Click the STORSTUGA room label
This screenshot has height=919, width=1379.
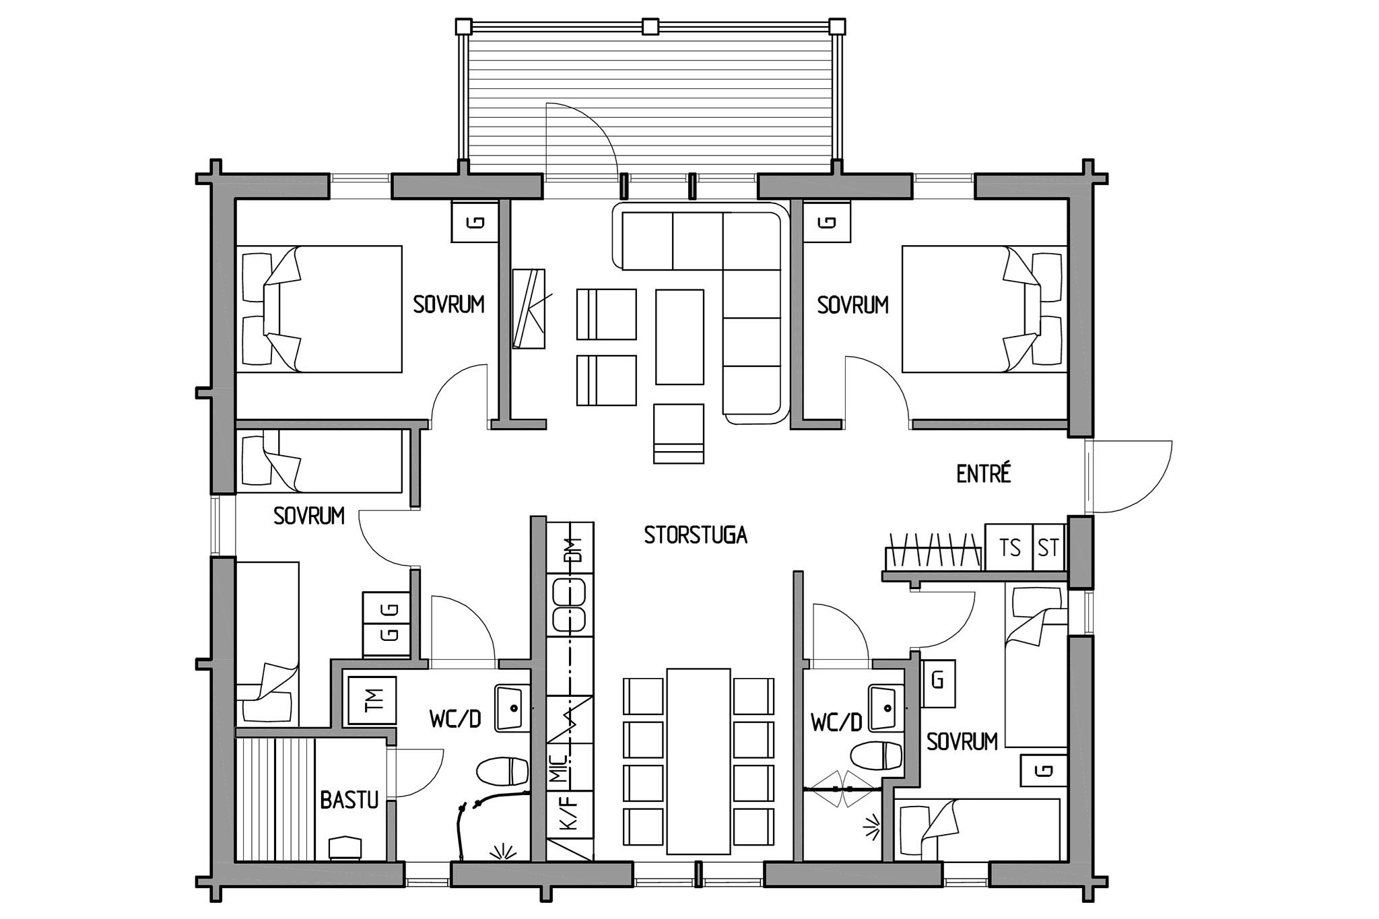pos(696,535)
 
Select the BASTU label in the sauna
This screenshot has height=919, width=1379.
pos(349,800)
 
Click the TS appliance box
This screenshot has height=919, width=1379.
pos(1009,547)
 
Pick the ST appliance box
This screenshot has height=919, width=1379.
pos(1049,547)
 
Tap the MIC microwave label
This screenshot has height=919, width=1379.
pos(560,768)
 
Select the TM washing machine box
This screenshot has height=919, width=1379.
pos(372,700)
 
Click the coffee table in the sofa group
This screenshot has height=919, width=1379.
pos(680,337)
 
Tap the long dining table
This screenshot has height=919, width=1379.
pos(699,761)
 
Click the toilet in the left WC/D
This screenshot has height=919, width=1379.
pos(502,772)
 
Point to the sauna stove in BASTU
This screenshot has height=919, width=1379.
pos(346,848)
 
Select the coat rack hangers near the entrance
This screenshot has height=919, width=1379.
pos(934,551)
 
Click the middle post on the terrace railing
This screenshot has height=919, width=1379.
pos(650,26)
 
